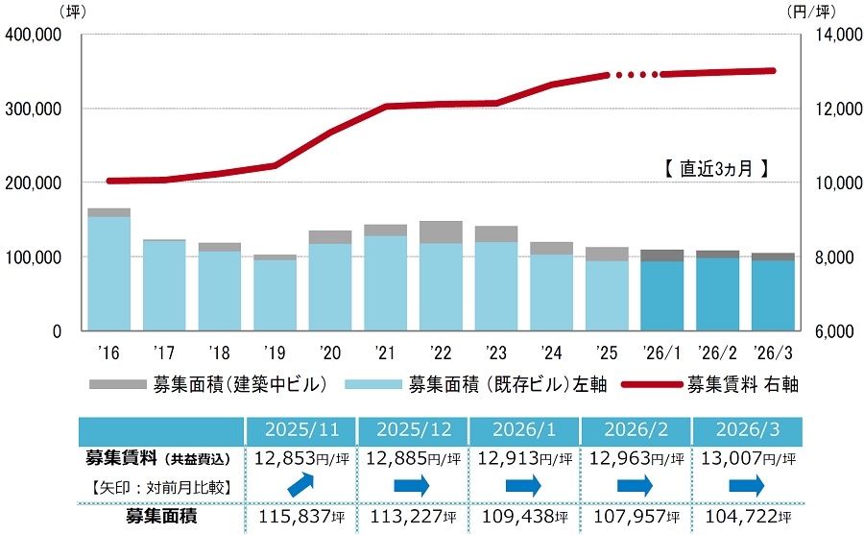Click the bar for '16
pos(108,270)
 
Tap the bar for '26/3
pos(772,292)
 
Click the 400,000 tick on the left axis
pos(34,35)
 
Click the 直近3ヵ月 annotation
pos(716,168)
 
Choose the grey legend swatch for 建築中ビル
pos(117,385)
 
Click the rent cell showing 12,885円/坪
pos(412,458)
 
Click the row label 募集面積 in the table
pos(161,518)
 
